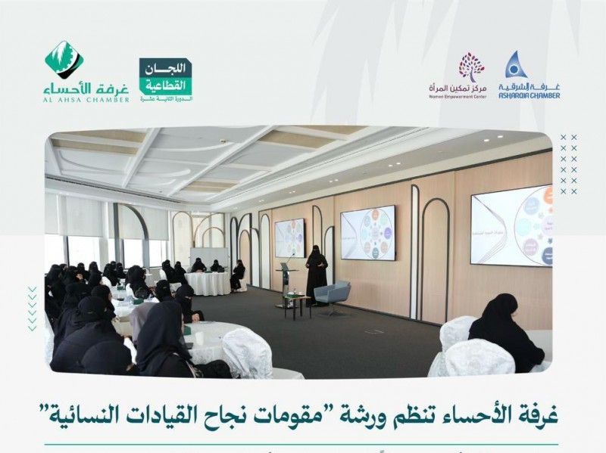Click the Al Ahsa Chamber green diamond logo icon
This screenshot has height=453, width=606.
tap(64, 59)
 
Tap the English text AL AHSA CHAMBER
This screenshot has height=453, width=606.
tap(86, 99)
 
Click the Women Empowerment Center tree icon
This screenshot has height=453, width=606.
tap(471, 67)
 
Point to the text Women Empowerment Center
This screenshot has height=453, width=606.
tap(456, 96)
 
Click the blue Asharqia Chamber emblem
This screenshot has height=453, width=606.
tap(517, 65)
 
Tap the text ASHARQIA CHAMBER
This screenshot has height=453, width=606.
tap(529, 96)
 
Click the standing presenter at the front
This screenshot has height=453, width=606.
tap(316, 274)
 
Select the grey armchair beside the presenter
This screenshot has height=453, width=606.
tap(334, 296)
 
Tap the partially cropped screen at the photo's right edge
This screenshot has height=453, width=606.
tap(511, 225)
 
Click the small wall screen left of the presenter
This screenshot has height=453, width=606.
tap(289, 237)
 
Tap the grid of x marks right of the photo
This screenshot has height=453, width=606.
tap(568, 164)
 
